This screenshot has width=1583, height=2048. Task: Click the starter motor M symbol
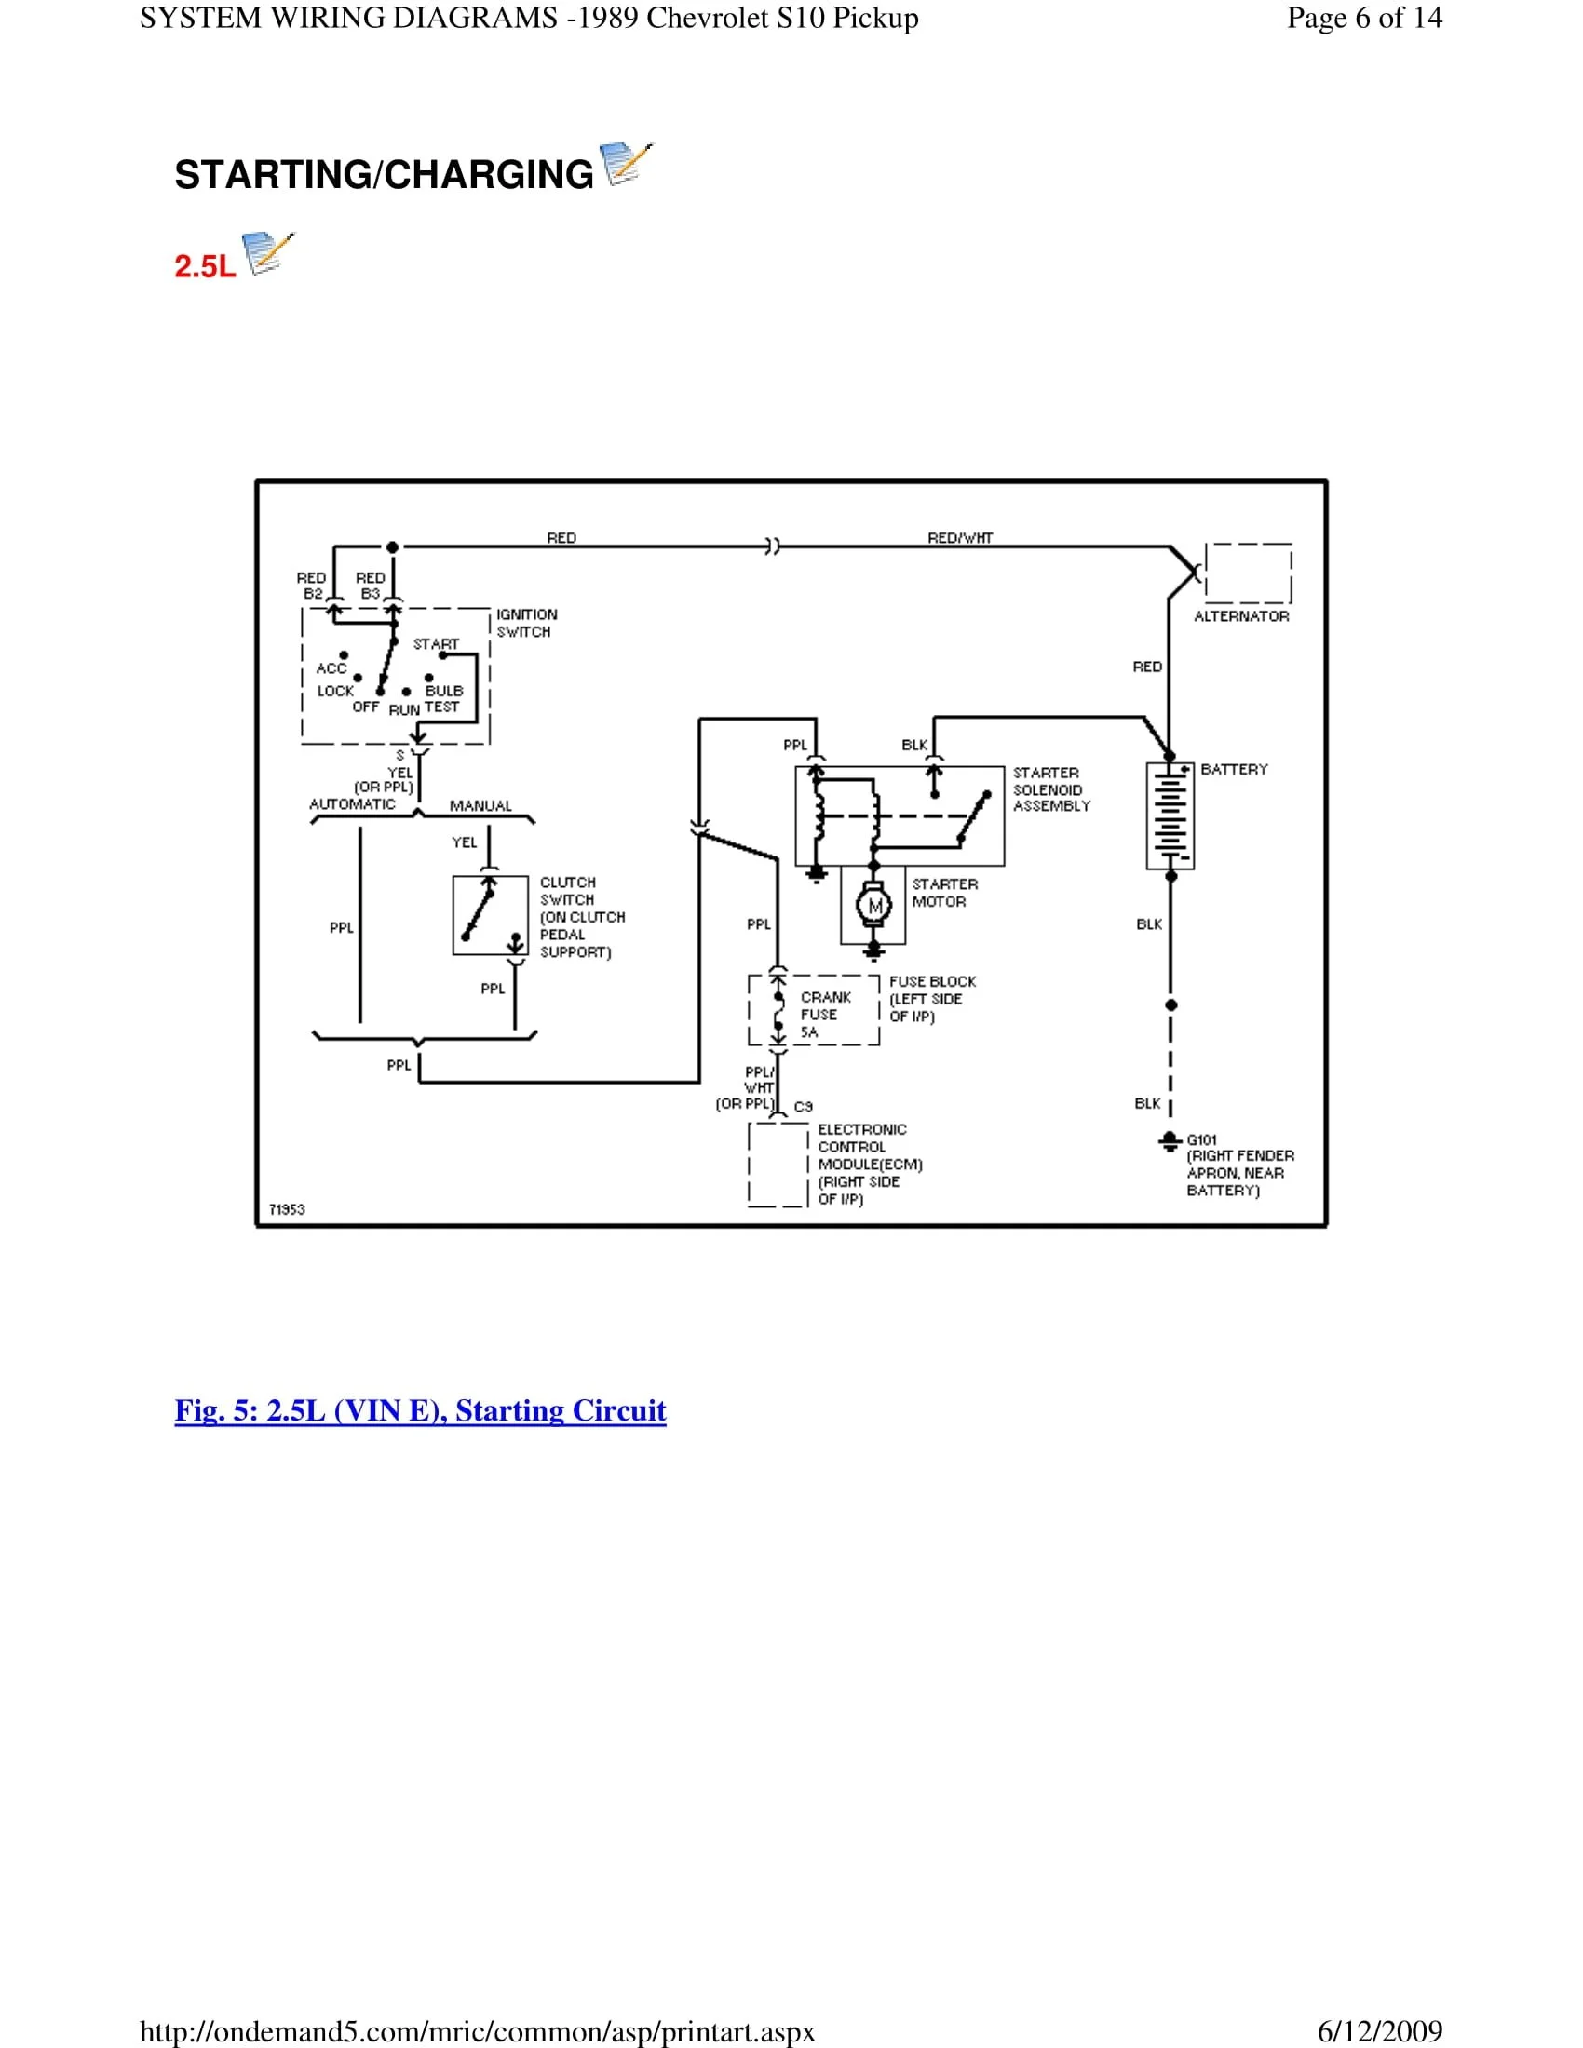(x=874, y=906)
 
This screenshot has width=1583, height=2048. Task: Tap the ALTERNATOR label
(x=1240, y=616)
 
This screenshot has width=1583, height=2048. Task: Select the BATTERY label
(x=1233, y=769)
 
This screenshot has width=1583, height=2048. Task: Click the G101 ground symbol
(x=1170, y=1141)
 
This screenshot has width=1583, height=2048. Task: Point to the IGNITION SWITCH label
(x=525, y=623)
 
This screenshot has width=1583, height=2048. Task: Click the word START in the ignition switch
(x=436, y=644)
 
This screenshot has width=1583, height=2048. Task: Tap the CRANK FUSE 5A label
(x=824, y=1015)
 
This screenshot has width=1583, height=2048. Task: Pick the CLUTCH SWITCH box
(x=490, y=915)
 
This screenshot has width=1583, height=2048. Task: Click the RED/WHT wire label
(x=959, y=537)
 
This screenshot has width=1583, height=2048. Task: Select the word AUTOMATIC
(x=352, y=803)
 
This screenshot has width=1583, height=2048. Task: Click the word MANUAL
(x=480, y=805)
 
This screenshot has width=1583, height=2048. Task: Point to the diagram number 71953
(x=287, y=1209)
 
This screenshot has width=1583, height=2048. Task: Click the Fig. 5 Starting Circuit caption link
(x=420, y=1410)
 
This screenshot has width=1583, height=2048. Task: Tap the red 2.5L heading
(x=205, y=266)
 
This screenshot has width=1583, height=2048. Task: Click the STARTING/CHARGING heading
(x=384, y=175)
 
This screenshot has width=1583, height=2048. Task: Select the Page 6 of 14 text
(x=1363, y=18)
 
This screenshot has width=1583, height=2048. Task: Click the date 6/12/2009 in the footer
(x=1379, y=2031)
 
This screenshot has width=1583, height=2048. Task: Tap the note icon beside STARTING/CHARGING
(x=625, y=164)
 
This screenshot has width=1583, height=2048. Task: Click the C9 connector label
(x=803, y=1107)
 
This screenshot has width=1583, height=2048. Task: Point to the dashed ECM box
(x=778, y=1165)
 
